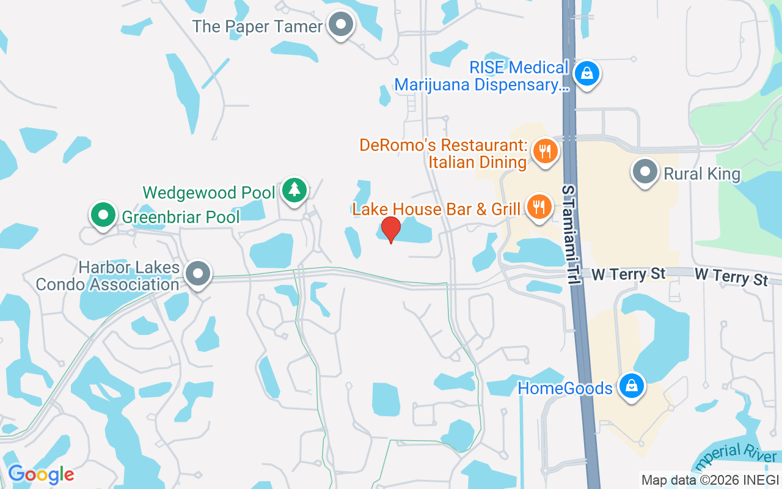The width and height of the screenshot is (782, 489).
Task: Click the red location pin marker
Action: tap(390, 229)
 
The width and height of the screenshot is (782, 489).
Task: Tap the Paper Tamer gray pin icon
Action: tap(341, 26)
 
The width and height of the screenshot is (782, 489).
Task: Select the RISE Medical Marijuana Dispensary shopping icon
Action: tap(586, 74)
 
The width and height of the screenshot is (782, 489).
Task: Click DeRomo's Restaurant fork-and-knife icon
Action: tap(545, 151)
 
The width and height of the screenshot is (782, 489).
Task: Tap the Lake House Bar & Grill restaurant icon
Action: tap(538, 207)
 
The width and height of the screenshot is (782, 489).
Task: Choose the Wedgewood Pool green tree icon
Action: tap(294, 190)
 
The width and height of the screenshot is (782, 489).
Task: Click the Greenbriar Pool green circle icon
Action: tap(103, 215)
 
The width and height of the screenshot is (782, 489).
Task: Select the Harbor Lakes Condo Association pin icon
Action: tap(198, 273)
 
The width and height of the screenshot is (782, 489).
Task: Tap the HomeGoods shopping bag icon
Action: tap(631, 386)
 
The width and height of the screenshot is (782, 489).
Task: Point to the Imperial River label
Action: tap(736, 459)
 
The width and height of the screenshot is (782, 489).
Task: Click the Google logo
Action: tap(41, 474)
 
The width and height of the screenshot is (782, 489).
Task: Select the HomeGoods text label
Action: tap(565, 388)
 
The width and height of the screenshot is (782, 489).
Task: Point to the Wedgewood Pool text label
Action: tap(209, 193)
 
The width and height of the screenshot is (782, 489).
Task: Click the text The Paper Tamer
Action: tap(257, 26)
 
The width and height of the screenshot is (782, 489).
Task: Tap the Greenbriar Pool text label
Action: tap(181, 216)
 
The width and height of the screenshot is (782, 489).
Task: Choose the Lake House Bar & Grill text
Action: tap(436, 208)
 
